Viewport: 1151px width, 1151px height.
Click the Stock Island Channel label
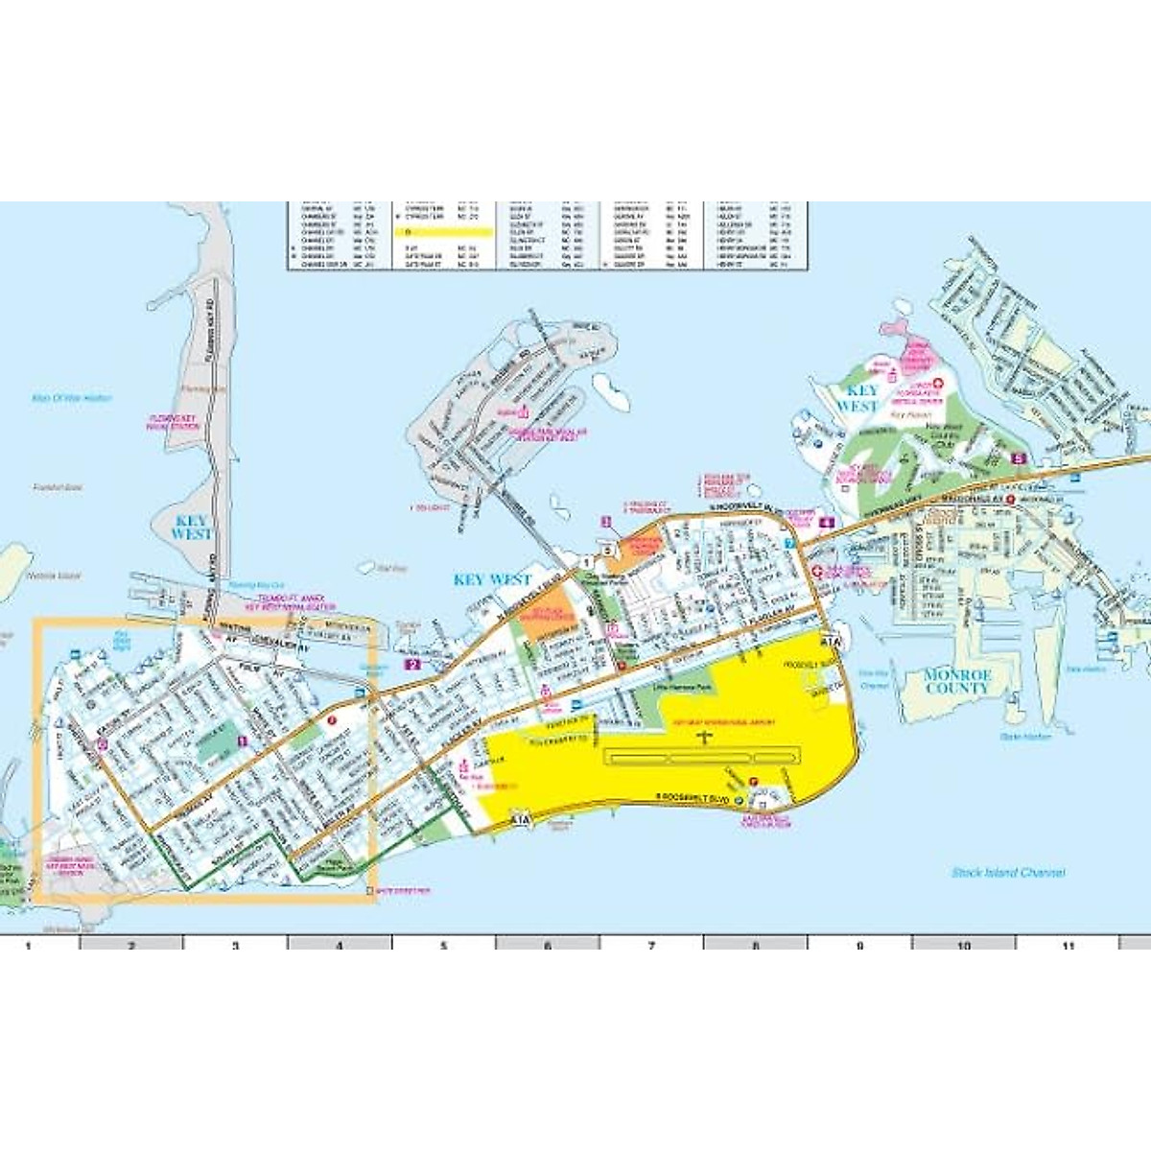click(x=1008, y=873)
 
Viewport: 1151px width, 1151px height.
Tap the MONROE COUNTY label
click(x=956, y=682)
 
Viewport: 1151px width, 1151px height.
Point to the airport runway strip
click(x=701, y=757)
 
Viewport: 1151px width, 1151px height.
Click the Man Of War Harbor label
click(x=72, y=398)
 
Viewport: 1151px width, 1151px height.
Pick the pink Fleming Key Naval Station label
click(x=174, y=422)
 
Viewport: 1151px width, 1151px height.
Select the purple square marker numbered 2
click(x=413, y=664)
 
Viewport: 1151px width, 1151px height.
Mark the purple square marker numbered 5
click(x=1018, y=458)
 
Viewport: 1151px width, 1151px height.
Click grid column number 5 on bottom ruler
click(x=443, y=946)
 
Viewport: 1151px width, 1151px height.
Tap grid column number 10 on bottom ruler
click(x=963, y=946)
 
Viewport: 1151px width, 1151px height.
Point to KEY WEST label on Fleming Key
click(x=191, y=527)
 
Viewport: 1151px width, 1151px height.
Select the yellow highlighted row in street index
click(x=448, y=231)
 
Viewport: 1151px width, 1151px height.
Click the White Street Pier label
click(x=403, y=892)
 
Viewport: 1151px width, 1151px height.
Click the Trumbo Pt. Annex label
click(x=291, y=602)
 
